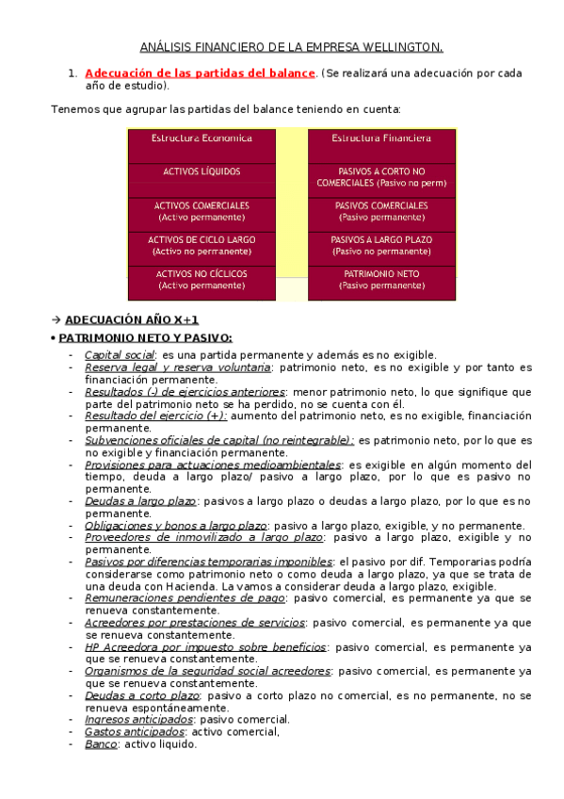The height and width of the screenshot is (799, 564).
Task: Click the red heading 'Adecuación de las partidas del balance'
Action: pos(200,73)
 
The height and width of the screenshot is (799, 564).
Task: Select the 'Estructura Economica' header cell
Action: pos(201,139)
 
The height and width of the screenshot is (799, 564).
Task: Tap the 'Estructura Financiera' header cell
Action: pos(381,139)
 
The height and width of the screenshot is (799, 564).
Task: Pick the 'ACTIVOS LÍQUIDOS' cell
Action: pos(201,172)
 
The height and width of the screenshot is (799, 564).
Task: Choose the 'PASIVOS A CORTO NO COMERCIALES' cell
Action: pos(381,177)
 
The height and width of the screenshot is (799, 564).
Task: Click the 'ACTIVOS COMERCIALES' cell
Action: pos(201,211)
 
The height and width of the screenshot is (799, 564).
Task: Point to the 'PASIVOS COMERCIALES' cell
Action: pos(381,211)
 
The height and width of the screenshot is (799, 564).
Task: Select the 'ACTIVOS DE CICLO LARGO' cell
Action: pos(201,245)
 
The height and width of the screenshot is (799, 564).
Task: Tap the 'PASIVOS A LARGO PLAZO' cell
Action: pos(381,245)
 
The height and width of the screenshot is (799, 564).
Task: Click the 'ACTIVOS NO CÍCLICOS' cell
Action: pos(201,279)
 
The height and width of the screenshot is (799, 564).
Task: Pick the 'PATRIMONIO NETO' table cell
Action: pos(381,279)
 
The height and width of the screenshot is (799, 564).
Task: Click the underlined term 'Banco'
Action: pos(101,743)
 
